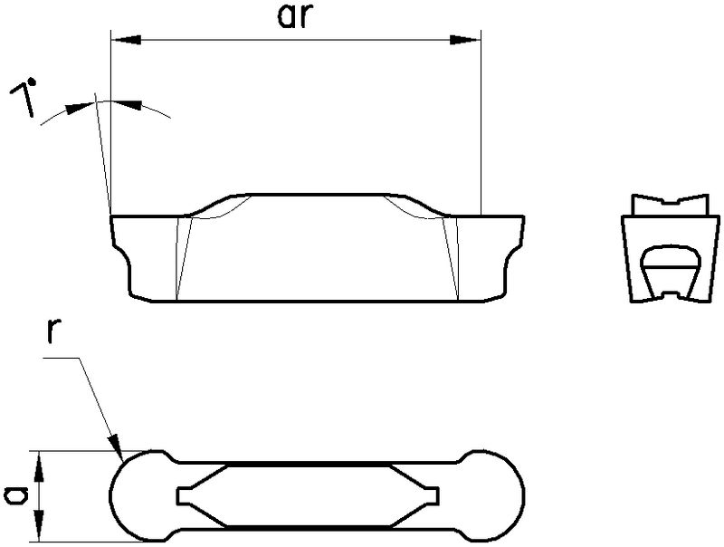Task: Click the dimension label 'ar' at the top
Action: (x=293, y=19)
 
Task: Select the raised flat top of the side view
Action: (x=317, y=193)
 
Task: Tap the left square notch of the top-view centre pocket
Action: (x=180, y=494)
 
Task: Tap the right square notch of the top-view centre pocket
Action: (x=435, y=494)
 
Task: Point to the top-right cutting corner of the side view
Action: (x=522, y=216)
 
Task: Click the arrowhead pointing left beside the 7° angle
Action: (x=131, y=105)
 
